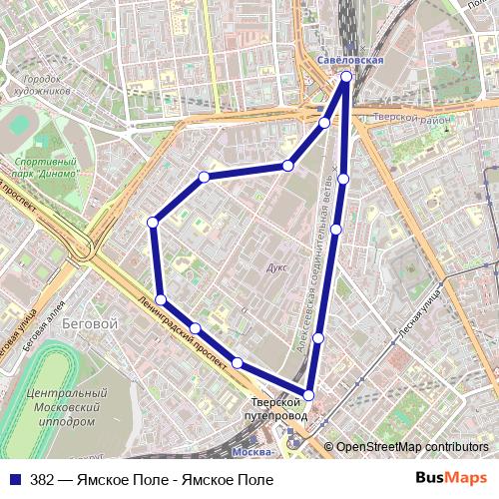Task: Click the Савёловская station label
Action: pos(350,61)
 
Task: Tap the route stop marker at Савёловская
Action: pos(346,77)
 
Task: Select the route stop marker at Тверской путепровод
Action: pos(308,395)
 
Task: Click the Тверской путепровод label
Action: pos(273,408)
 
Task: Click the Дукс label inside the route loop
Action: pos(277,267)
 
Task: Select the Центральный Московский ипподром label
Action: pos(68,407)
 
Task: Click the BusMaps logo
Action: pos(451,479)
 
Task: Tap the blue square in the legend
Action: pos(14,480)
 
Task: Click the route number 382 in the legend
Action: pos(42,480)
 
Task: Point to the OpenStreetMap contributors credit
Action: pos(412,447)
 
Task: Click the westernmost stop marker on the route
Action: pos(152,222)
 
